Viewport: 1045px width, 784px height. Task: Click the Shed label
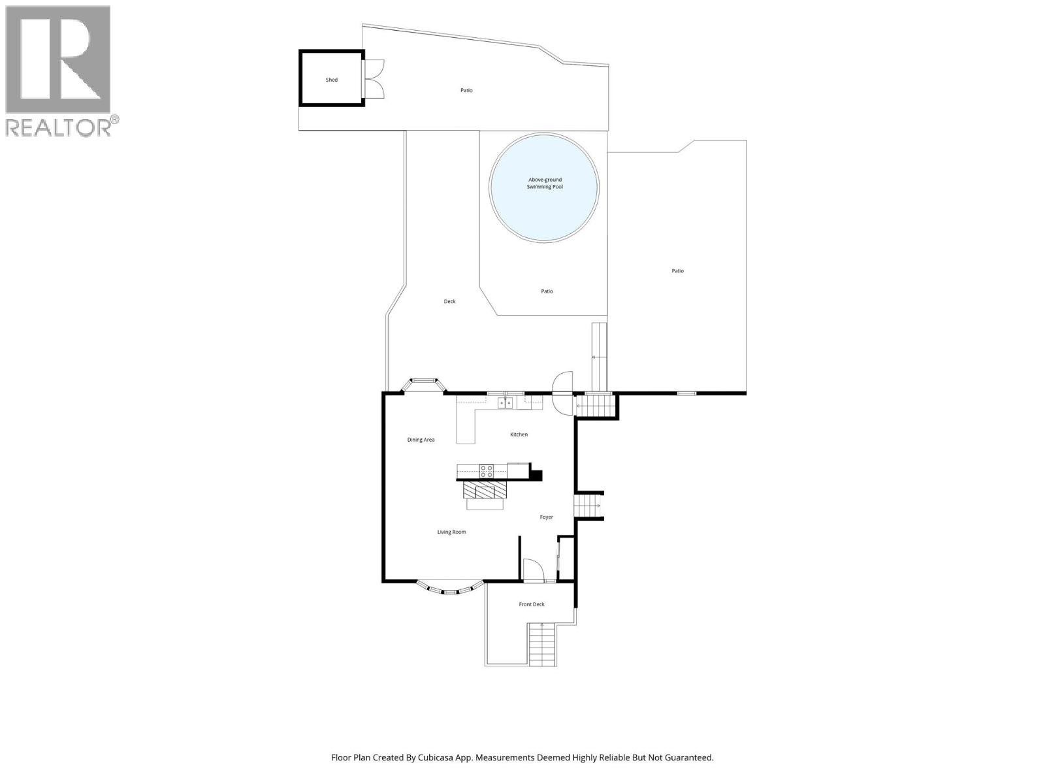(331, 80)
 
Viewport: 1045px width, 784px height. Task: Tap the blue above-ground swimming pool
(544, 187)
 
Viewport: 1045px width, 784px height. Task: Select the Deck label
(449, 301)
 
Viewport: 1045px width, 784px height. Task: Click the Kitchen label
(519, 434)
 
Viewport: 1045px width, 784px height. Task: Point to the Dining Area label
(421, 440)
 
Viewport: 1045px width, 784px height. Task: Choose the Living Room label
(451, 532)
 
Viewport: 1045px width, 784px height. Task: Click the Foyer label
(546, 517)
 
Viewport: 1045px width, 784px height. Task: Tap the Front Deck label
(531, 604)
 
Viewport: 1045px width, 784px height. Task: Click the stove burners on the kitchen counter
(486, 471)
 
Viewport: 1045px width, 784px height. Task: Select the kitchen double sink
(506, 403)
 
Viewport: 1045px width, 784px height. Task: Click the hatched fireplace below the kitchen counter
(485, 490)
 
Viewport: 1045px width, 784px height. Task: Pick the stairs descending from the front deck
(542, 644)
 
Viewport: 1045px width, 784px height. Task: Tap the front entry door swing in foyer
(533, 570)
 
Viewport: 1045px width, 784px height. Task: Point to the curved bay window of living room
(451, 588)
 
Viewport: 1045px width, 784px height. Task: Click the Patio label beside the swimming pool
(547, 291)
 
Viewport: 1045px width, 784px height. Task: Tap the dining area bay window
(423, 385)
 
